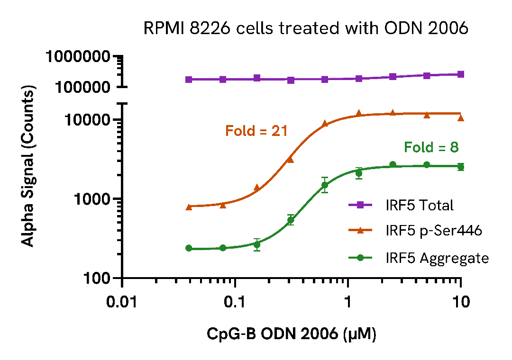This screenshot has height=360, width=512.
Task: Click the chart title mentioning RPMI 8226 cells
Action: point(306,29)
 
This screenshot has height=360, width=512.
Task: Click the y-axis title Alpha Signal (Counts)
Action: point(29,166)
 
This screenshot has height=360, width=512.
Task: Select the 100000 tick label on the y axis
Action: point(82,87)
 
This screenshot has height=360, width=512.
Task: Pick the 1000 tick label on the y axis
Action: point(91,199)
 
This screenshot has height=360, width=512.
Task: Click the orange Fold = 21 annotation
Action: point(256,131)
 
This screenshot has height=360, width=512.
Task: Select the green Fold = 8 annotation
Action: point(431,148)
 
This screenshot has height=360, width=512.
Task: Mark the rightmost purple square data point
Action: point(460,74)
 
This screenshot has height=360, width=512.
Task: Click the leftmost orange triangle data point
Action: point(189,207)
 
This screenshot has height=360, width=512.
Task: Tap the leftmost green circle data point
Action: point(189,248)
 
